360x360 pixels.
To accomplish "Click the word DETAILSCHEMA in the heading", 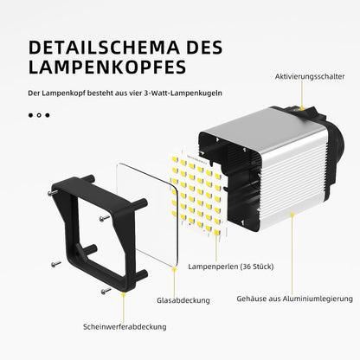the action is [x=104, y=48].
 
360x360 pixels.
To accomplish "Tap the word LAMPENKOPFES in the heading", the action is [x=107, y=67].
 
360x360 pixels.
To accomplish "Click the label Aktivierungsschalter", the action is [x=310, y=77].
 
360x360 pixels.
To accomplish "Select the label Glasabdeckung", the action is [x=183, y=300].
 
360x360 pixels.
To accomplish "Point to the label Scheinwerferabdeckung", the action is [x=125, y=327].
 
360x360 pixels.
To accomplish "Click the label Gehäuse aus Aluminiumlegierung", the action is [x=294, y=299].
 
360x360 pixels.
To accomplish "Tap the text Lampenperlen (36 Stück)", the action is [x=231, y=267].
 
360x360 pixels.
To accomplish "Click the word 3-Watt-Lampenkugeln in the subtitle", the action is [x=183, y=93].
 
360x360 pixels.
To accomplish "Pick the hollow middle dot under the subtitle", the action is [x=39, y=115].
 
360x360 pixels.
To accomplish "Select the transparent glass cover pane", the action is [x=147, y=215].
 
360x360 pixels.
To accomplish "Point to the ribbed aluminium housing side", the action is [x=292, y=184].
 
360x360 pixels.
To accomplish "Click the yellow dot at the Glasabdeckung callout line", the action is [x=174, y=269].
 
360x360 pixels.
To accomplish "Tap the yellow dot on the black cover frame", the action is [x=124, y=294].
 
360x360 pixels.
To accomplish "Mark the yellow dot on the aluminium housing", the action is [x=292, y=215].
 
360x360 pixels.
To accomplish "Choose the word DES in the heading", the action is [x=204, y=48].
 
